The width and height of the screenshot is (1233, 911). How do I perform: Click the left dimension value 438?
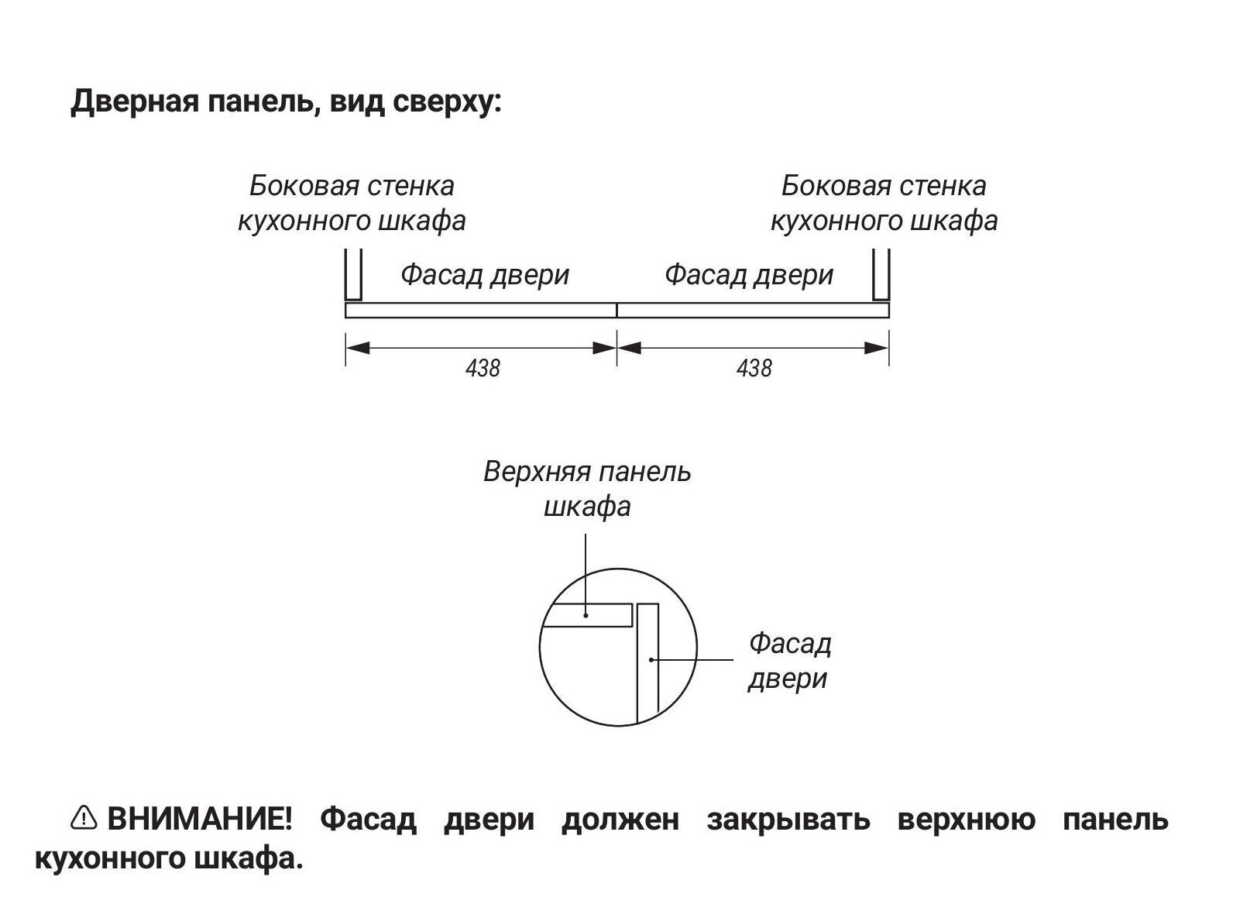[x=483, y=368]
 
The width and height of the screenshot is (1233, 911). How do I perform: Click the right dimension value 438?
[x=754, y=368]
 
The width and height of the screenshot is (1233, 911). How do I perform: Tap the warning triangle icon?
[x=84, y=817]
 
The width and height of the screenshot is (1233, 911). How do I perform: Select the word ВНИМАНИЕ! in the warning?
[x=200, y=819]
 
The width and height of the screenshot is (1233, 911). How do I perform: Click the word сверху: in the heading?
[x=447, y=101]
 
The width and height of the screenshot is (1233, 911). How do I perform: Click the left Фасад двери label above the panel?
[x=485, y=275]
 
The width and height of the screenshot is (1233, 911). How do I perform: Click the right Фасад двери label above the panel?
[x=749, y=275]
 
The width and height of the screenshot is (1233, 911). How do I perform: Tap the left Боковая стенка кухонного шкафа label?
[x=352, y=203]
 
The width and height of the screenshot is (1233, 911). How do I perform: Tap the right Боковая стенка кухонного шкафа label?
[x=884, y=203]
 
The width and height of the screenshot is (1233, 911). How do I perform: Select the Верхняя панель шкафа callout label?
[x=587, y=489]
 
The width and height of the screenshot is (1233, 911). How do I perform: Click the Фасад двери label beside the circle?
[x=789, y=661]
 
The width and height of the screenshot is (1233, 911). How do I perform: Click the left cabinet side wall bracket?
[x=353, y=276]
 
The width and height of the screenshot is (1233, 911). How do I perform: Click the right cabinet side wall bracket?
[x=881, y=276]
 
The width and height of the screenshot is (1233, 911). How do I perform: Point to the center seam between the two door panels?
[x=616, y=311]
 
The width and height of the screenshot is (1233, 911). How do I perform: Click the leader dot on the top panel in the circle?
[x=586, y=615]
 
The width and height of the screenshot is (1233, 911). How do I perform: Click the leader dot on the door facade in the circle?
[x=651, y=660]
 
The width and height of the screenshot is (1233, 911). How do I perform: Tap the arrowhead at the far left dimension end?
[x=357, y=348]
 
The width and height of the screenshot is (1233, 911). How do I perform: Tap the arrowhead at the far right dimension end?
[x=877, y=348]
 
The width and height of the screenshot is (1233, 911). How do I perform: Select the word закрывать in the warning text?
[x=788, y=819]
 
